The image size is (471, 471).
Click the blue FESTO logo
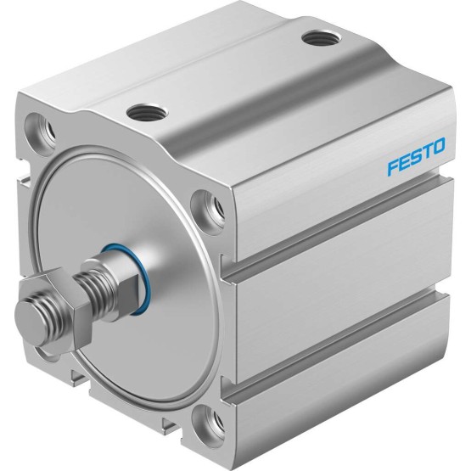416,156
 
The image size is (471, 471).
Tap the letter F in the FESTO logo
393,167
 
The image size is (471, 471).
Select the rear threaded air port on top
322,38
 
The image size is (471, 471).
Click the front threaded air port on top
147,111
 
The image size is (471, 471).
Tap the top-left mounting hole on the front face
40,130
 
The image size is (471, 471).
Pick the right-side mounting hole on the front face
207,208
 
